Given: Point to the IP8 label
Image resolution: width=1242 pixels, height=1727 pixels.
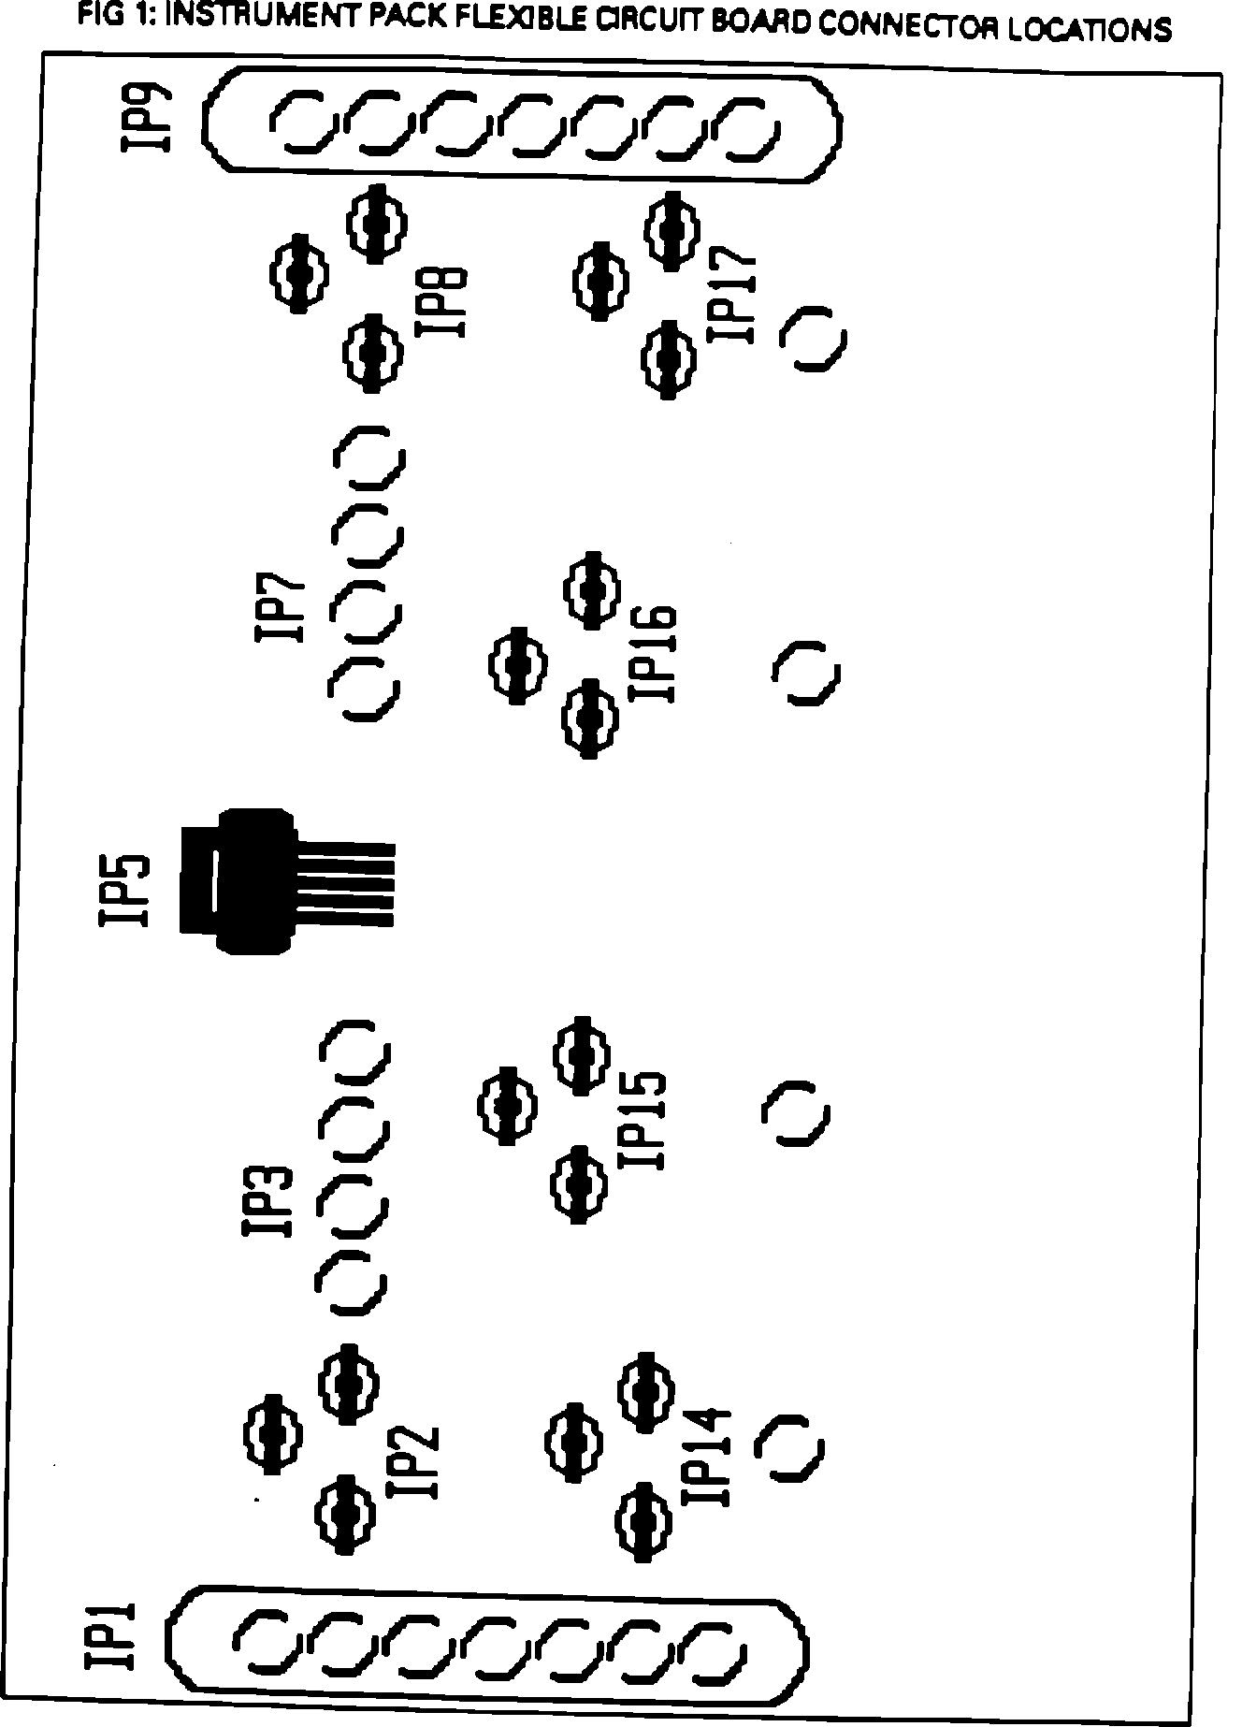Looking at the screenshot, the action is click(439, 303).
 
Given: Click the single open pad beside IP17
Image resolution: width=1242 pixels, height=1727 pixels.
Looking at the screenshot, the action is click(813, 338).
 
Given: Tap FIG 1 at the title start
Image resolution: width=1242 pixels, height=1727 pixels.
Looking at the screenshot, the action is click(112, 15).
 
